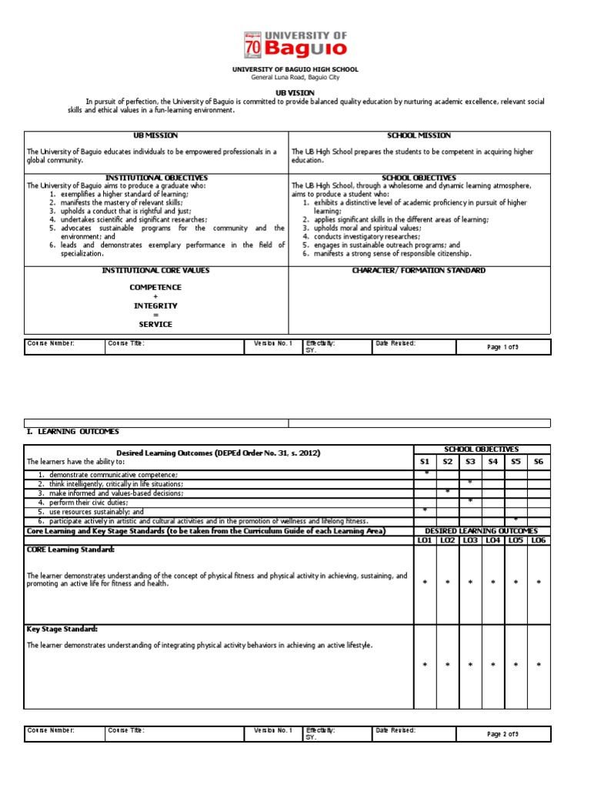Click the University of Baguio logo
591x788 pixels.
coord(295,45)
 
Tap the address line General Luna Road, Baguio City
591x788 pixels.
coord(295,78)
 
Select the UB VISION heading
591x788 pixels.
coord(295,92)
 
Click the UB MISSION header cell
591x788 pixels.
coord(155,135)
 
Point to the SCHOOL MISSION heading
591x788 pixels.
coord(419,135)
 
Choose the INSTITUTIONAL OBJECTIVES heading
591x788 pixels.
coord(155,178)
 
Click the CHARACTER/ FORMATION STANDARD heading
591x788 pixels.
coord(419,271)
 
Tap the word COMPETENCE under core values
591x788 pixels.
coord(155,287)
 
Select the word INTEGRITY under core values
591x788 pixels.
coord(155,306)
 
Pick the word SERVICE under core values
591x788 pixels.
coord(155,324)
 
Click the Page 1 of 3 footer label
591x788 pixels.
coord(503,347)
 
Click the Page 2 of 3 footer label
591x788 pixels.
coord(503,734)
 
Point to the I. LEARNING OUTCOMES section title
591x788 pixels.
coord(73,432)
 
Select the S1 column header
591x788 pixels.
coord(425,461)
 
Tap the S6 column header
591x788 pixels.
coord(538,461)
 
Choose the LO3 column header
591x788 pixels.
coord(470,541)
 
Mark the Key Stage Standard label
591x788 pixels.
coord(62,629)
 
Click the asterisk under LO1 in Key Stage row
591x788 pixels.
coord(425,664)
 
